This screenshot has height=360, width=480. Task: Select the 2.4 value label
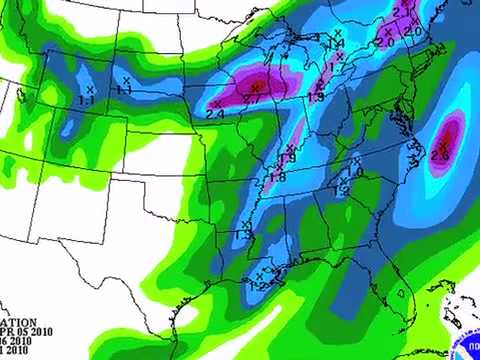point(215,114)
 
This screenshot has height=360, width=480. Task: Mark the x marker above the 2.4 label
point(218,102)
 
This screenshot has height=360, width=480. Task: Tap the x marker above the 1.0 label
point(357,159)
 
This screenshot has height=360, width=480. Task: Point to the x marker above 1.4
point(337,37)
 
